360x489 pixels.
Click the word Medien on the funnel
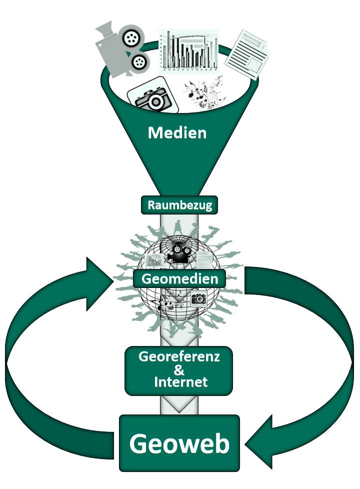[177, 133]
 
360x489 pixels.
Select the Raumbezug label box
[179, 205]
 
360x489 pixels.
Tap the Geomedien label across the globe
[179, 278]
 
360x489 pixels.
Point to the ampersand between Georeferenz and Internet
[178, 370]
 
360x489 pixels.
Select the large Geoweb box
[179, 443]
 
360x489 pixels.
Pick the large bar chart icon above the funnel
[188, 49]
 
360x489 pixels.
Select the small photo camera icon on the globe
[198, 299]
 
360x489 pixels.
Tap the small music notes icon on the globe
[168, 300]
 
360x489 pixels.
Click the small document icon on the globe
[204, 260]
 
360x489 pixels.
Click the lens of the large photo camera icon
[155, 101]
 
